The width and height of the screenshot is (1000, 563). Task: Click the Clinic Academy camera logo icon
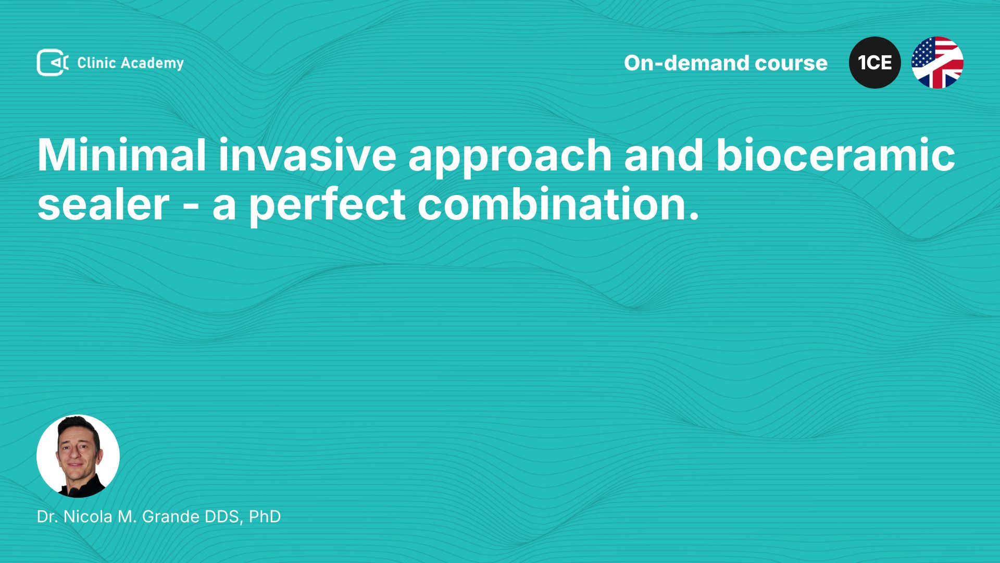[x=53, y=63]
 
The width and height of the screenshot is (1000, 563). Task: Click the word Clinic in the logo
[x=96, y=63]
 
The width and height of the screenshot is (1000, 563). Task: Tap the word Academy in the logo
[x=153, y=64]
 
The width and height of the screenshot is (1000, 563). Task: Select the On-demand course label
[x=726, y=63]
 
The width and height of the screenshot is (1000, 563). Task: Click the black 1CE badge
[x=875, y=63]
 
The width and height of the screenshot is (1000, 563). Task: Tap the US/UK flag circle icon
[x=938, y=63]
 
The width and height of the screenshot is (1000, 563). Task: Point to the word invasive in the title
[x=307, y=155]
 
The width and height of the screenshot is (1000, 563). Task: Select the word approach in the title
[x=510, y=159]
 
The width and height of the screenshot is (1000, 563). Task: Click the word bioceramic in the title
[x=835, y=155]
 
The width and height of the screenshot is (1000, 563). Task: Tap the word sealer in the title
[x=103, y=204]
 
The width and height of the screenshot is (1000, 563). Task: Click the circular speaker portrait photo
[x=78, y=456]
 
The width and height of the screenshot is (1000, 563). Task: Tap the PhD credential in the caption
[x=265, y=517]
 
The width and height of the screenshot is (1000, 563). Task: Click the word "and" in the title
[x=664, y=155]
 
